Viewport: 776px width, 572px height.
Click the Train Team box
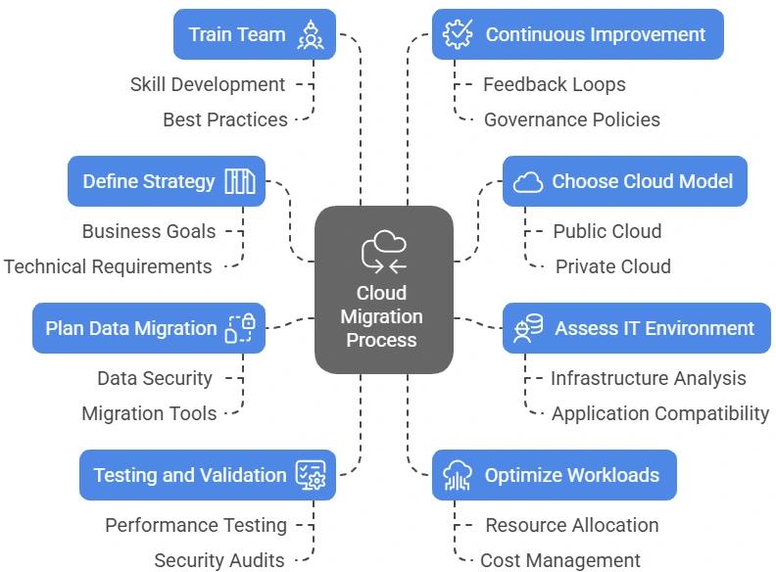pyautogui.click(x=255, y=34)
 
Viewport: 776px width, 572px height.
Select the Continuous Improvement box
pyautogui.click(x=578, y=34)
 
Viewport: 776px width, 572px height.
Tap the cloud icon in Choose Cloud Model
pyautogui.click(x=528, y=181)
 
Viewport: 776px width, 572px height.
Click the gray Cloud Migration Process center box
pyautogui.click(x=384, y=290)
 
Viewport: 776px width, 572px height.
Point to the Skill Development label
pyautogui.click(x=208, y=84)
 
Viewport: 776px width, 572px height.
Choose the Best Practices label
pyautogui.click(x=225, y=119)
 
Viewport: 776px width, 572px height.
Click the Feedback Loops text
pyautogui.click(x=555, y=84)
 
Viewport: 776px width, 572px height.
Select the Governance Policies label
pyautogui.click(x=572, y=119)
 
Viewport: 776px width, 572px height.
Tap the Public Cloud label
pyautogui.click(x=607, y=231)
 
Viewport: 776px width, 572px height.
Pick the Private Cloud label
pyautogui.click(x=613, y=266)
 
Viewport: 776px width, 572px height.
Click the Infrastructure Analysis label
pyautogui.click(x=649, y=378)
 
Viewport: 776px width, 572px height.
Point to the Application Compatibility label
pyautogui.click(x=660, y=413)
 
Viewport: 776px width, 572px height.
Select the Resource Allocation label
pyautogui.click(x=572, y=525)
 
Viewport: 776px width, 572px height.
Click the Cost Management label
pyautogui.click(x=560, y=560)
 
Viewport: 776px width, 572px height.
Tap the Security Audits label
pyautogui.click(x=219, y=560)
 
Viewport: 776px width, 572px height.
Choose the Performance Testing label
pyautogui.click(x=196, y=525)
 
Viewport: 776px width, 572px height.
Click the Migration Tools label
pyautogui.click(x=149, y=413)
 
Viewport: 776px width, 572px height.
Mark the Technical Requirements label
pyautogui.click(x=108, y=266)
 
